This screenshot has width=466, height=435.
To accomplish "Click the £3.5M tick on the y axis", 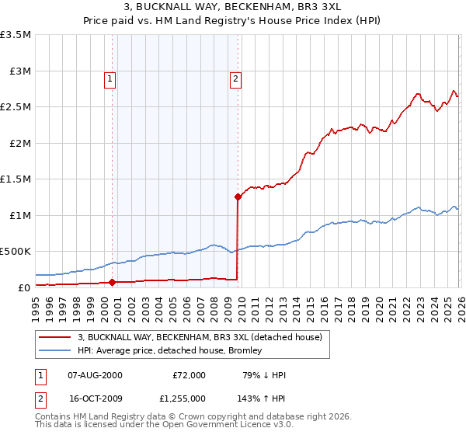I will click(x=16, y=35).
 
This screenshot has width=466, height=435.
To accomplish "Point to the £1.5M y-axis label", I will click(x=16, y=179).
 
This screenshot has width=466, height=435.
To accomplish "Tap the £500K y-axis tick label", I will click(x=16, y=252).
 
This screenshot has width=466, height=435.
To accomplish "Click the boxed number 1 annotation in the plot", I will click(x=110, y=78).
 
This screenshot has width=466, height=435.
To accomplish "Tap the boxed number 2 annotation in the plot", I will click(x=235, y=78).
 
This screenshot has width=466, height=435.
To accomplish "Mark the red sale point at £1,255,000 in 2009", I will click(x=238, y=197).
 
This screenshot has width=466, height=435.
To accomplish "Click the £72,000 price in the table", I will click(x=189, y=375).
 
